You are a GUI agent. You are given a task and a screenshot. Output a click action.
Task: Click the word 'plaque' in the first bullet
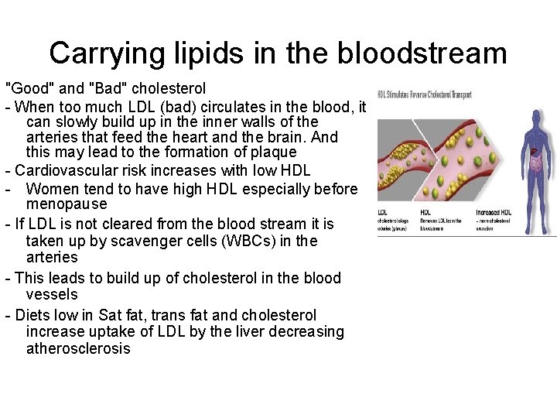tap(273, 152)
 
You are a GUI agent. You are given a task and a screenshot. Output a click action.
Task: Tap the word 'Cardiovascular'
tap(68, 170)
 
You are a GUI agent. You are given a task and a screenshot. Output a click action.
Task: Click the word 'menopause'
tap(67, 204)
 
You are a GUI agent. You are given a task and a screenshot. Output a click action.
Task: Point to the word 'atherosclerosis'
tap(78, 348)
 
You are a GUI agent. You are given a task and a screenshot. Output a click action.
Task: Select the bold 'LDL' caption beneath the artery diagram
tap(383, 211)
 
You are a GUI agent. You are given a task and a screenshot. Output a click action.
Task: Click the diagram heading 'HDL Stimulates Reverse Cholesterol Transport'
tap(425, 94)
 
